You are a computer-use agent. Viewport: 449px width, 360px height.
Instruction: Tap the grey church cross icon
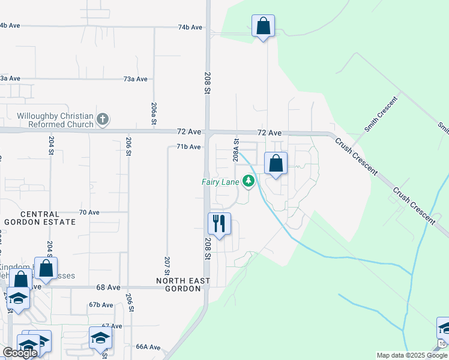(103, 119)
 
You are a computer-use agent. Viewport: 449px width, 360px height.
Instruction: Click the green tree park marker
(248, 181)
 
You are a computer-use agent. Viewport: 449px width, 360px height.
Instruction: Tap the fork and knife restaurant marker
(219, 224)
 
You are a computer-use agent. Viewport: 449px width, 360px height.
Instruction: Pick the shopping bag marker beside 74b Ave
(263, 26)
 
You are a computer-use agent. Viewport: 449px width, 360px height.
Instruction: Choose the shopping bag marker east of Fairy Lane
(276, 164)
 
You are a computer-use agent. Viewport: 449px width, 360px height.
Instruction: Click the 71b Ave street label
(188, 146)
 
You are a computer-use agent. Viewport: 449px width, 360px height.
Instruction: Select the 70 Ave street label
(89, 212)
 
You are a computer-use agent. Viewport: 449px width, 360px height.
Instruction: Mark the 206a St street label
(154, 113)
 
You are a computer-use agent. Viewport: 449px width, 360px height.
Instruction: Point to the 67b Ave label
(101, 305)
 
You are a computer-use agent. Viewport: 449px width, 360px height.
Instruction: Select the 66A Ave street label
(148, 347)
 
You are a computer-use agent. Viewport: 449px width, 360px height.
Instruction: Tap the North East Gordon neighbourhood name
(183, 284)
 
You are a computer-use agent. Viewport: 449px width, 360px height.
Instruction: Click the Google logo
(20, 353)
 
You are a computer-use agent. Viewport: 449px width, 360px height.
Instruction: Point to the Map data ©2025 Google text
(412, 355)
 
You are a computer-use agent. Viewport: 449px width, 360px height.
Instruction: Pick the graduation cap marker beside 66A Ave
(100, 338)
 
